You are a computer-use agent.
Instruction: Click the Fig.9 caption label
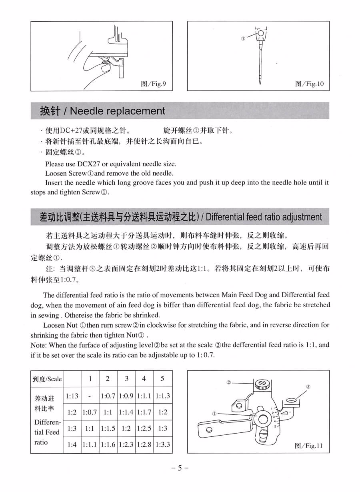(x=154, y=84)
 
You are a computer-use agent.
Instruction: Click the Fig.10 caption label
(x=309, y=84)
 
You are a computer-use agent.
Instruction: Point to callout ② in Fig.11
(x=229, y=382)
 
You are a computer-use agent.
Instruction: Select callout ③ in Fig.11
(x=308, y=386)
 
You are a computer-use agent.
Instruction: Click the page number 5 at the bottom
(x=180, y=468)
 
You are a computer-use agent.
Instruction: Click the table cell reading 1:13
(x=72, y=396)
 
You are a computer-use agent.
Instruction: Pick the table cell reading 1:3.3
(x=163, y=444)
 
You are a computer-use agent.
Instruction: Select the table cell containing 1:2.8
(x=144, y=444)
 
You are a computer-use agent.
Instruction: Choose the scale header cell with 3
(x=126, y=378)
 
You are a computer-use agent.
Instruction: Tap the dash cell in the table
(x=90, y=396)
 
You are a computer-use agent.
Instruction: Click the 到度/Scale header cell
(x=47, y=379)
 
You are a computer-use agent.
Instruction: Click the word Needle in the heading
(x=87, y=111)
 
